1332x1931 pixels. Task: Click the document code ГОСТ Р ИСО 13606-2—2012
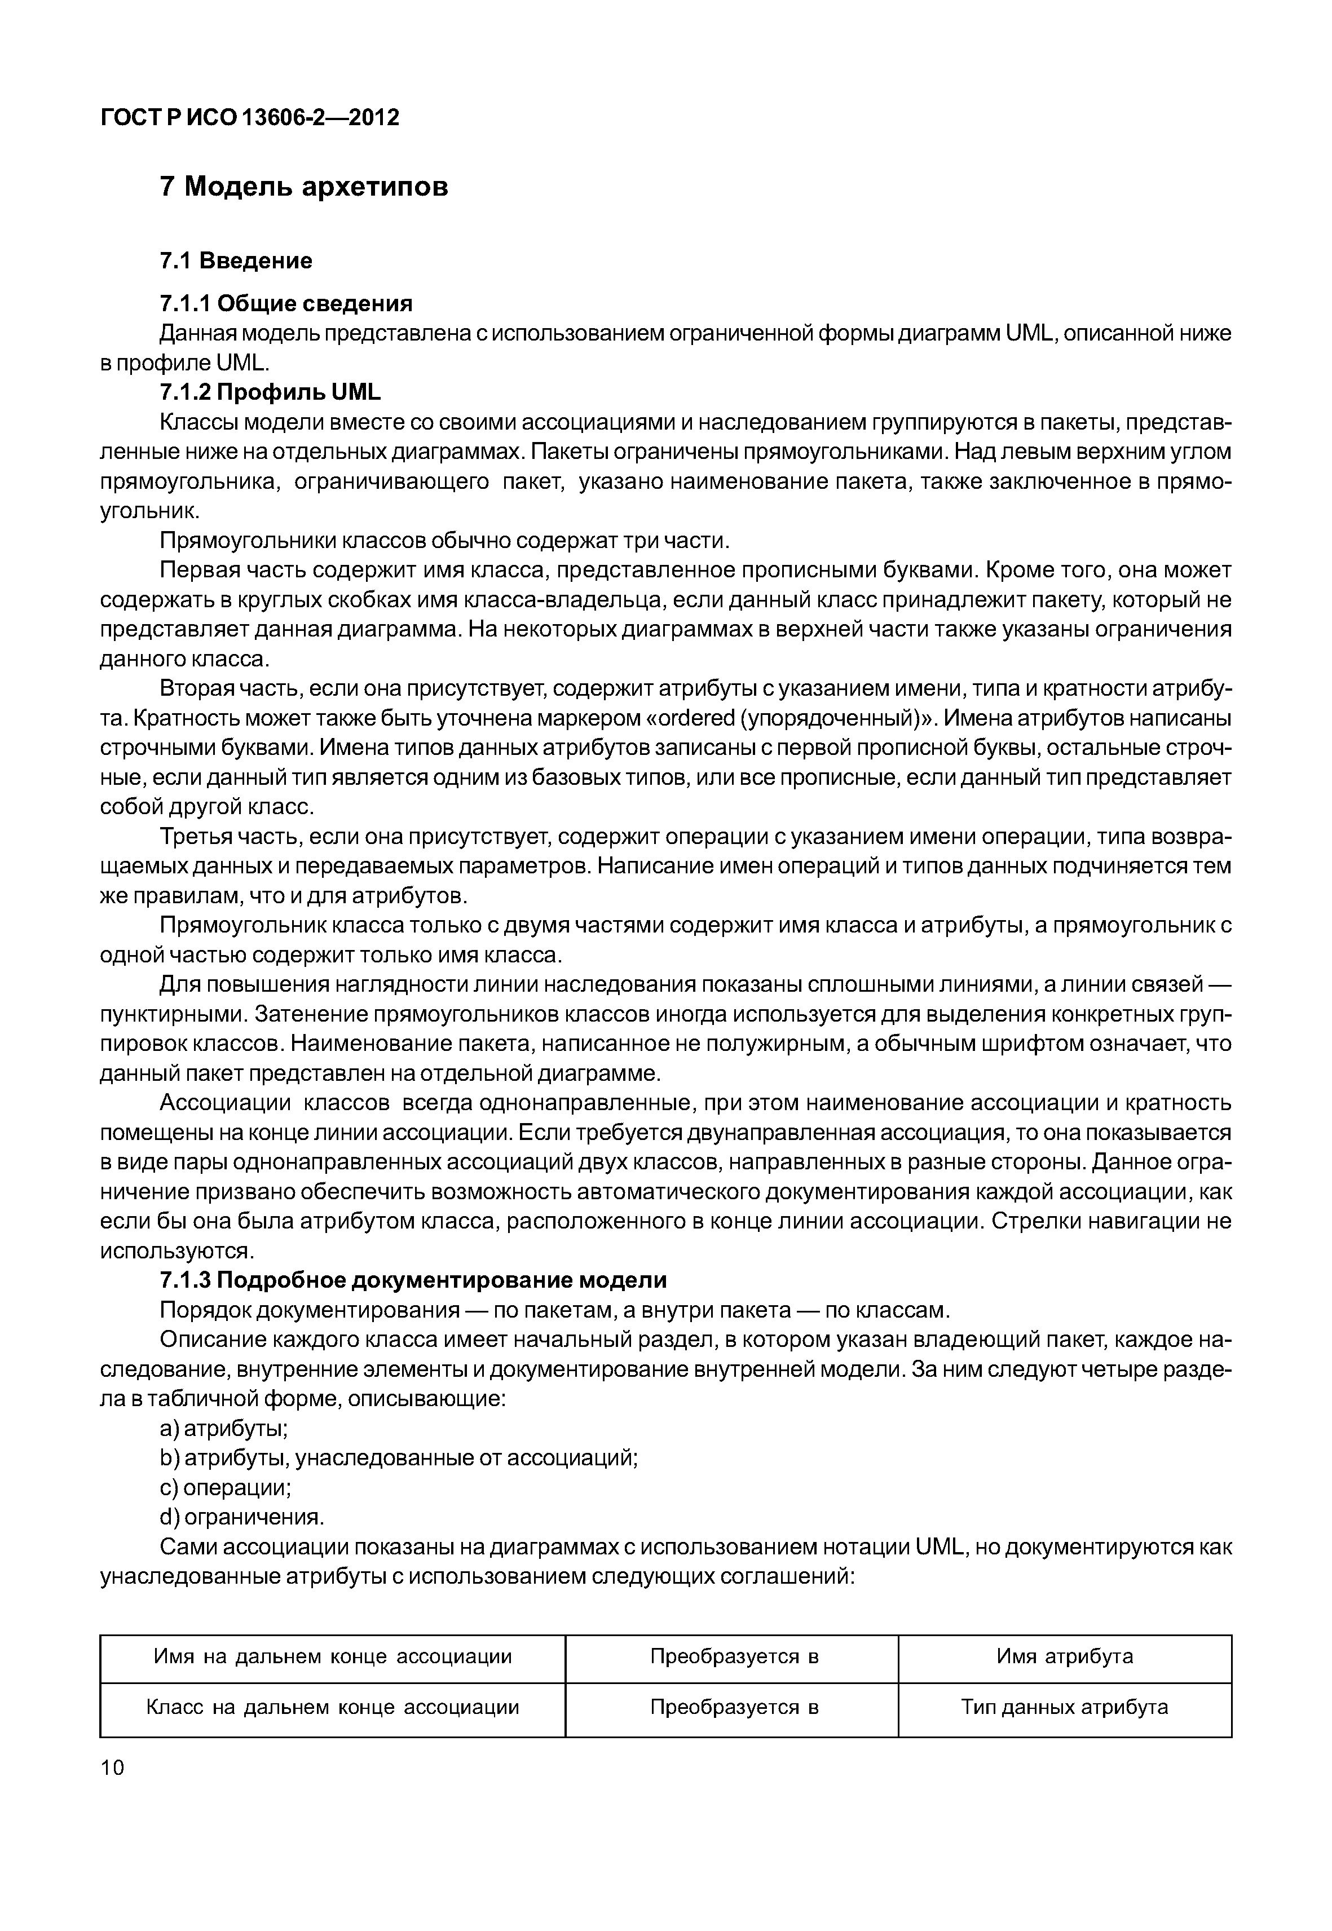tap(250, 118)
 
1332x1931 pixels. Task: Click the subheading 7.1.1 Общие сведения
tap(286, 303)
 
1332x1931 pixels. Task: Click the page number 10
tap(112, 1767)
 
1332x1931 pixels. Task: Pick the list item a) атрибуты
tap(224, 1429)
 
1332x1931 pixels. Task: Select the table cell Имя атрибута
tap(1064, 1656)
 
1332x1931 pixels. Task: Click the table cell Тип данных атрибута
tap(1064, 1707)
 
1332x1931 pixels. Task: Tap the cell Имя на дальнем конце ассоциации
tap(332, 1656)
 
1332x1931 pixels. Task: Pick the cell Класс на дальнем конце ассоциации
tap(332, 1707)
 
